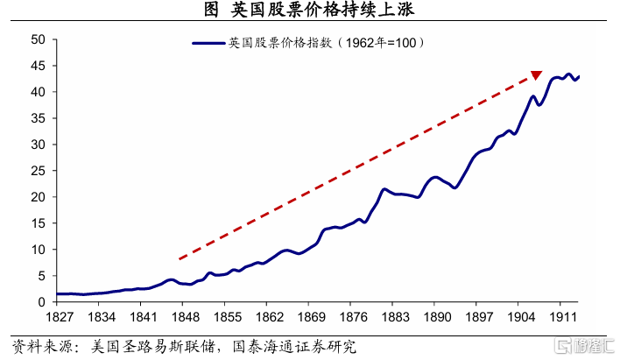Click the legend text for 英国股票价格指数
click(328, 42)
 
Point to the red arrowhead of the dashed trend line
click(536, 75)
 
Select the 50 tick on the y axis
click(39, 39)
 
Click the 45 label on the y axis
click(39, 66)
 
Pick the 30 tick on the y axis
click(39, 145)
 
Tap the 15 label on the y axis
click(39, 223)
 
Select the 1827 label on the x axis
click(58, 317)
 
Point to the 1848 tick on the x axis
click(184, 317)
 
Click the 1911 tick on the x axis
click(562, 317)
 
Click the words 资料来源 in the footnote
click(40, 347)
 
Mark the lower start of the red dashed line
click(179, 259)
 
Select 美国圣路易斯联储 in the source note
click(146, 347)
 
